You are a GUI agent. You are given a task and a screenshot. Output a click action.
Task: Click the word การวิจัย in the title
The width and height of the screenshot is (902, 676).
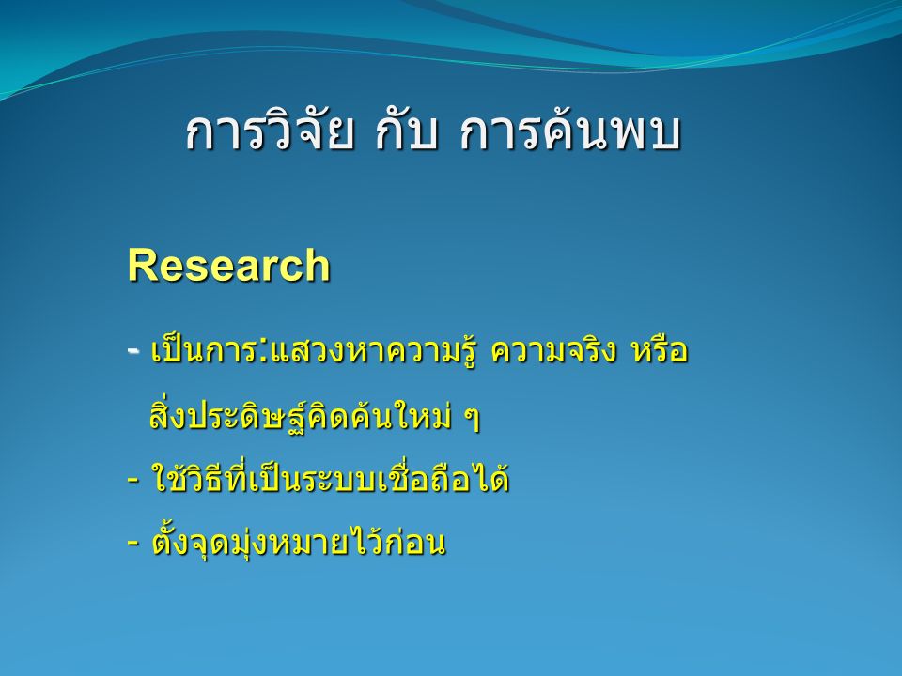coord(269,131)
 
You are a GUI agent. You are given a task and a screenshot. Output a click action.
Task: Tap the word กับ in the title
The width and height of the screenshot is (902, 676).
coord(407,133)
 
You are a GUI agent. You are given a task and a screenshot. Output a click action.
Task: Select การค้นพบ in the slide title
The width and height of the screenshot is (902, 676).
coord(570,131)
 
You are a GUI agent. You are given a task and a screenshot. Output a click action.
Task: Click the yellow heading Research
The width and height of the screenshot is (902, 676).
coord(229,265)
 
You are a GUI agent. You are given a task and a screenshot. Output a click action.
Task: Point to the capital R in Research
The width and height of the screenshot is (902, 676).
coord(142,265)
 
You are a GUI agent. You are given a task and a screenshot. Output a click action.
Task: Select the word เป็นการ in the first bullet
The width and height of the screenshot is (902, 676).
coord(204,349)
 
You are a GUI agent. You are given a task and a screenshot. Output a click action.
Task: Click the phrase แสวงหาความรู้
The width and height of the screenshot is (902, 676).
coord(373,350)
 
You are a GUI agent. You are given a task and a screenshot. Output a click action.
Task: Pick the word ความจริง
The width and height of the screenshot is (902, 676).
coord(553,348)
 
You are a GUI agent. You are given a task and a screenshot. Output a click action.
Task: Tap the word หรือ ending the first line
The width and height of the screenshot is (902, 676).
coord(660,348)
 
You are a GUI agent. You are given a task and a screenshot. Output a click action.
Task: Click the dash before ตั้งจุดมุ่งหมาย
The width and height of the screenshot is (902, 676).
coord(132,542)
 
